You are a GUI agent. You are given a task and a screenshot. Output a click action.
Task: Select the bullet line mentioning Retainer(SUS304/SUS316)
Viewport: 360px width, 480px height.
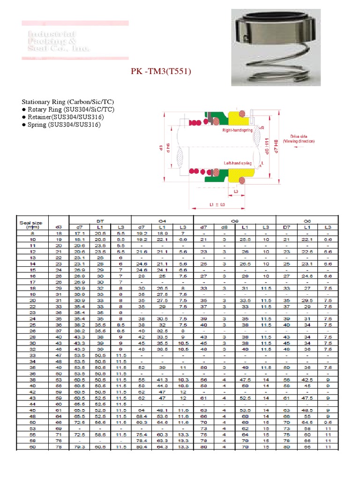point(61,117)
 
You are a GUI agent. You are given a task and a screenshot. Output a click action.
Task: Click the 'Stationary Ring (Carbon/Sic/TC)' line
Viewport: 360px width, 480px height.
point(68,102)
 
